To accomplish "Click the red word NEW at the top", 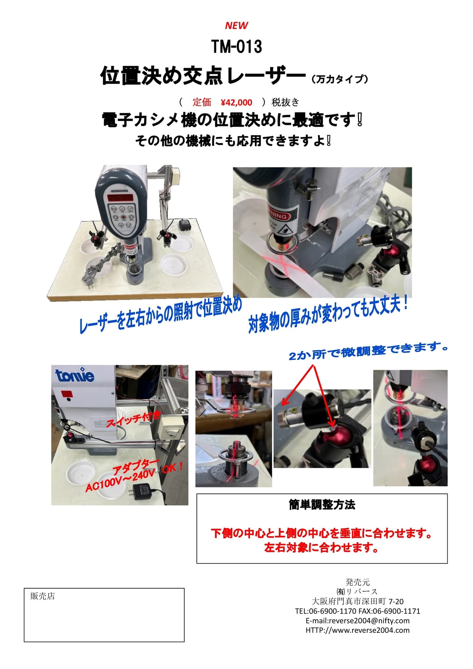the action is coord(236,25).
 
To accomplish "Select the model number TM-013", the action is coord(236,46).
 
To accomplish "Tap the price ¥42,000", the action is coord(236,103).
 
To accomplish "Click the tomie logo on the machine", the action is coord(75,375).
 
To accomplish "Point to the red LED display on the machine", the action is coord(120,198).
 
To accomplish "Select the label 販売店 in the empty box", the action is coord(42,596).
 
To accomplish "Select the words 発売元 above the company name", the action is coord(358,582).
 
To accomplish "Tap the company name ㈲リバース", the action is coord(358,592).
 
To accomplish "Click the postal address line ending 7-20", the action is coord(358,601).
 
